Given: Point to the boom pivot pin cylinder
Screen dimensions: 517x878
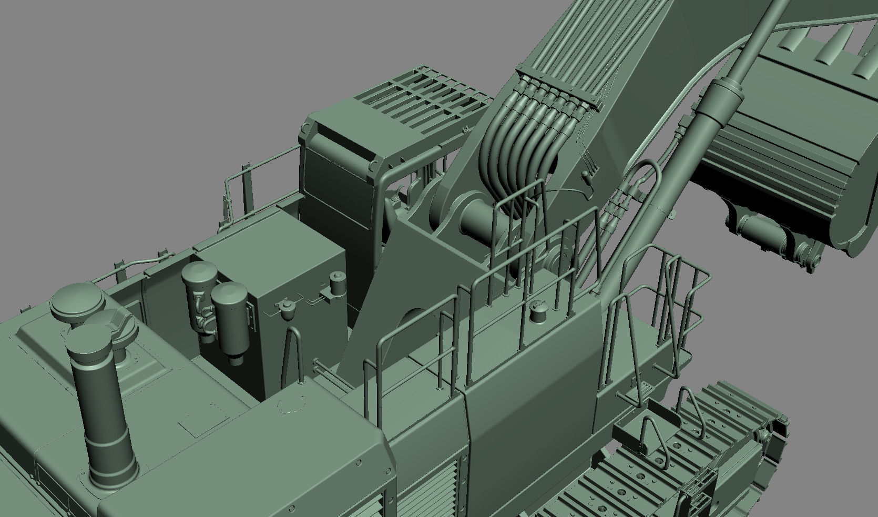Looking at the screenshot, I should [x=476, y=216].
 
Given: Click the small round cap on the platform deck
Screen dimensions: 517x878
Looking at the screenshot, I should [x=537, y=315].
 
